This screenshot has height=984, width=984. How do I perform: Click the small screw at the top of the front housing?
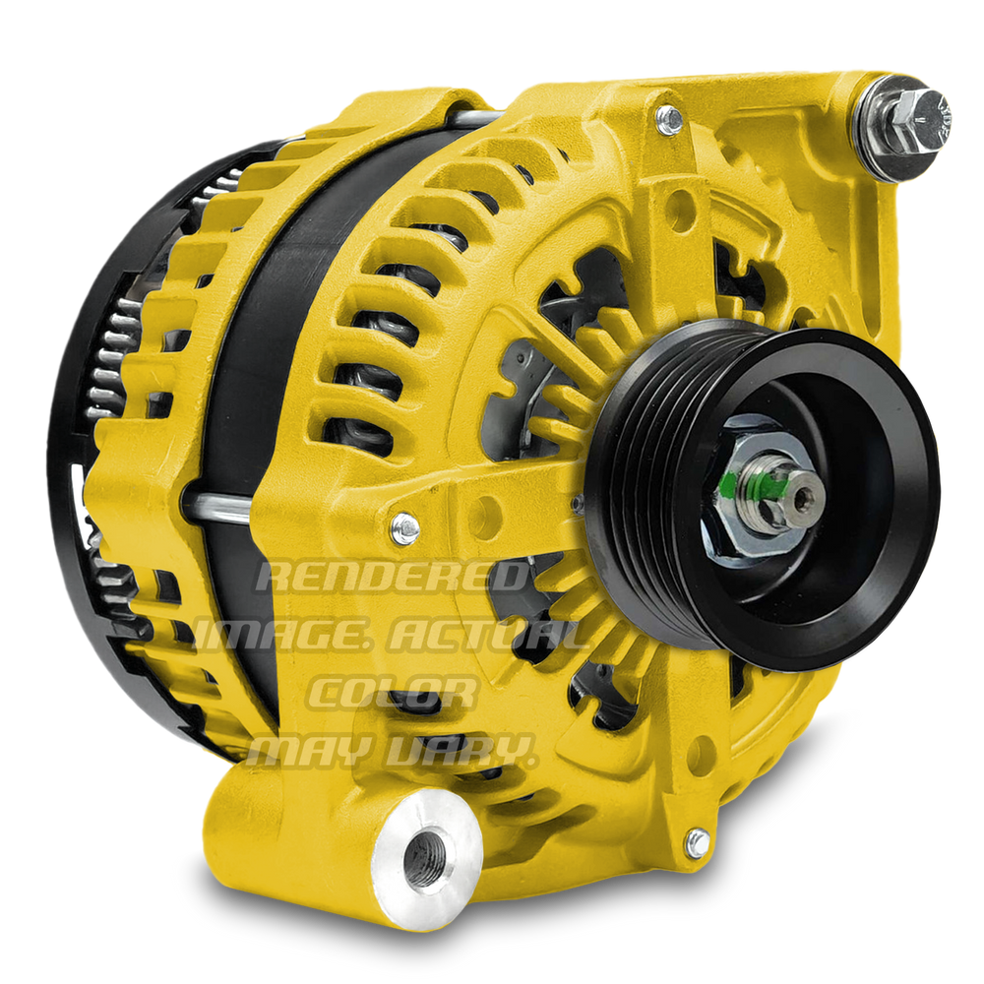[x=669, y=120]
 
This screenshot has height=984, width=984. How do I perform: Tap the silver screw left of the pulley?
[x=404, y=528]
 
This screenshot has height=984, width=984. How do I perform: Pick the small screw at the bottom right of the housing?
[x=698, y=843]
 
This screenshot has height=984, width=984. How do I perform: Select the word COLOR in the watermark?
[x=392, y=693]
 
